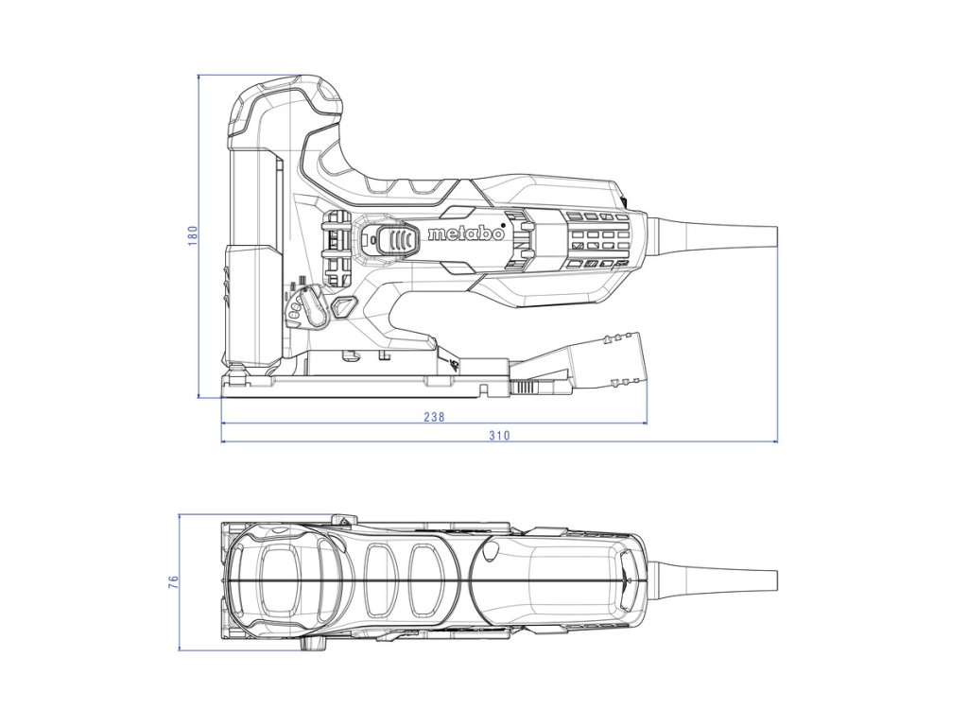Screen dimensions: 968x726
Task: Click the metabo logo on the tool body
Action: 466,234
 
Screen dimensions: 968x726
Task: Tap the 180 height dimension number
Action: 192,234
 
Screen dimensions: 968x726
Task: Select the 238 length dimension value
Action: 434,416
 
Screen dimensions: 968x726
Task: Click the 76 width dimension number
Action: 173,582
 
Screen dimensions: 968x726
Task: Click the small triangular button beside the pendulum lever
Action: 341,307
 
